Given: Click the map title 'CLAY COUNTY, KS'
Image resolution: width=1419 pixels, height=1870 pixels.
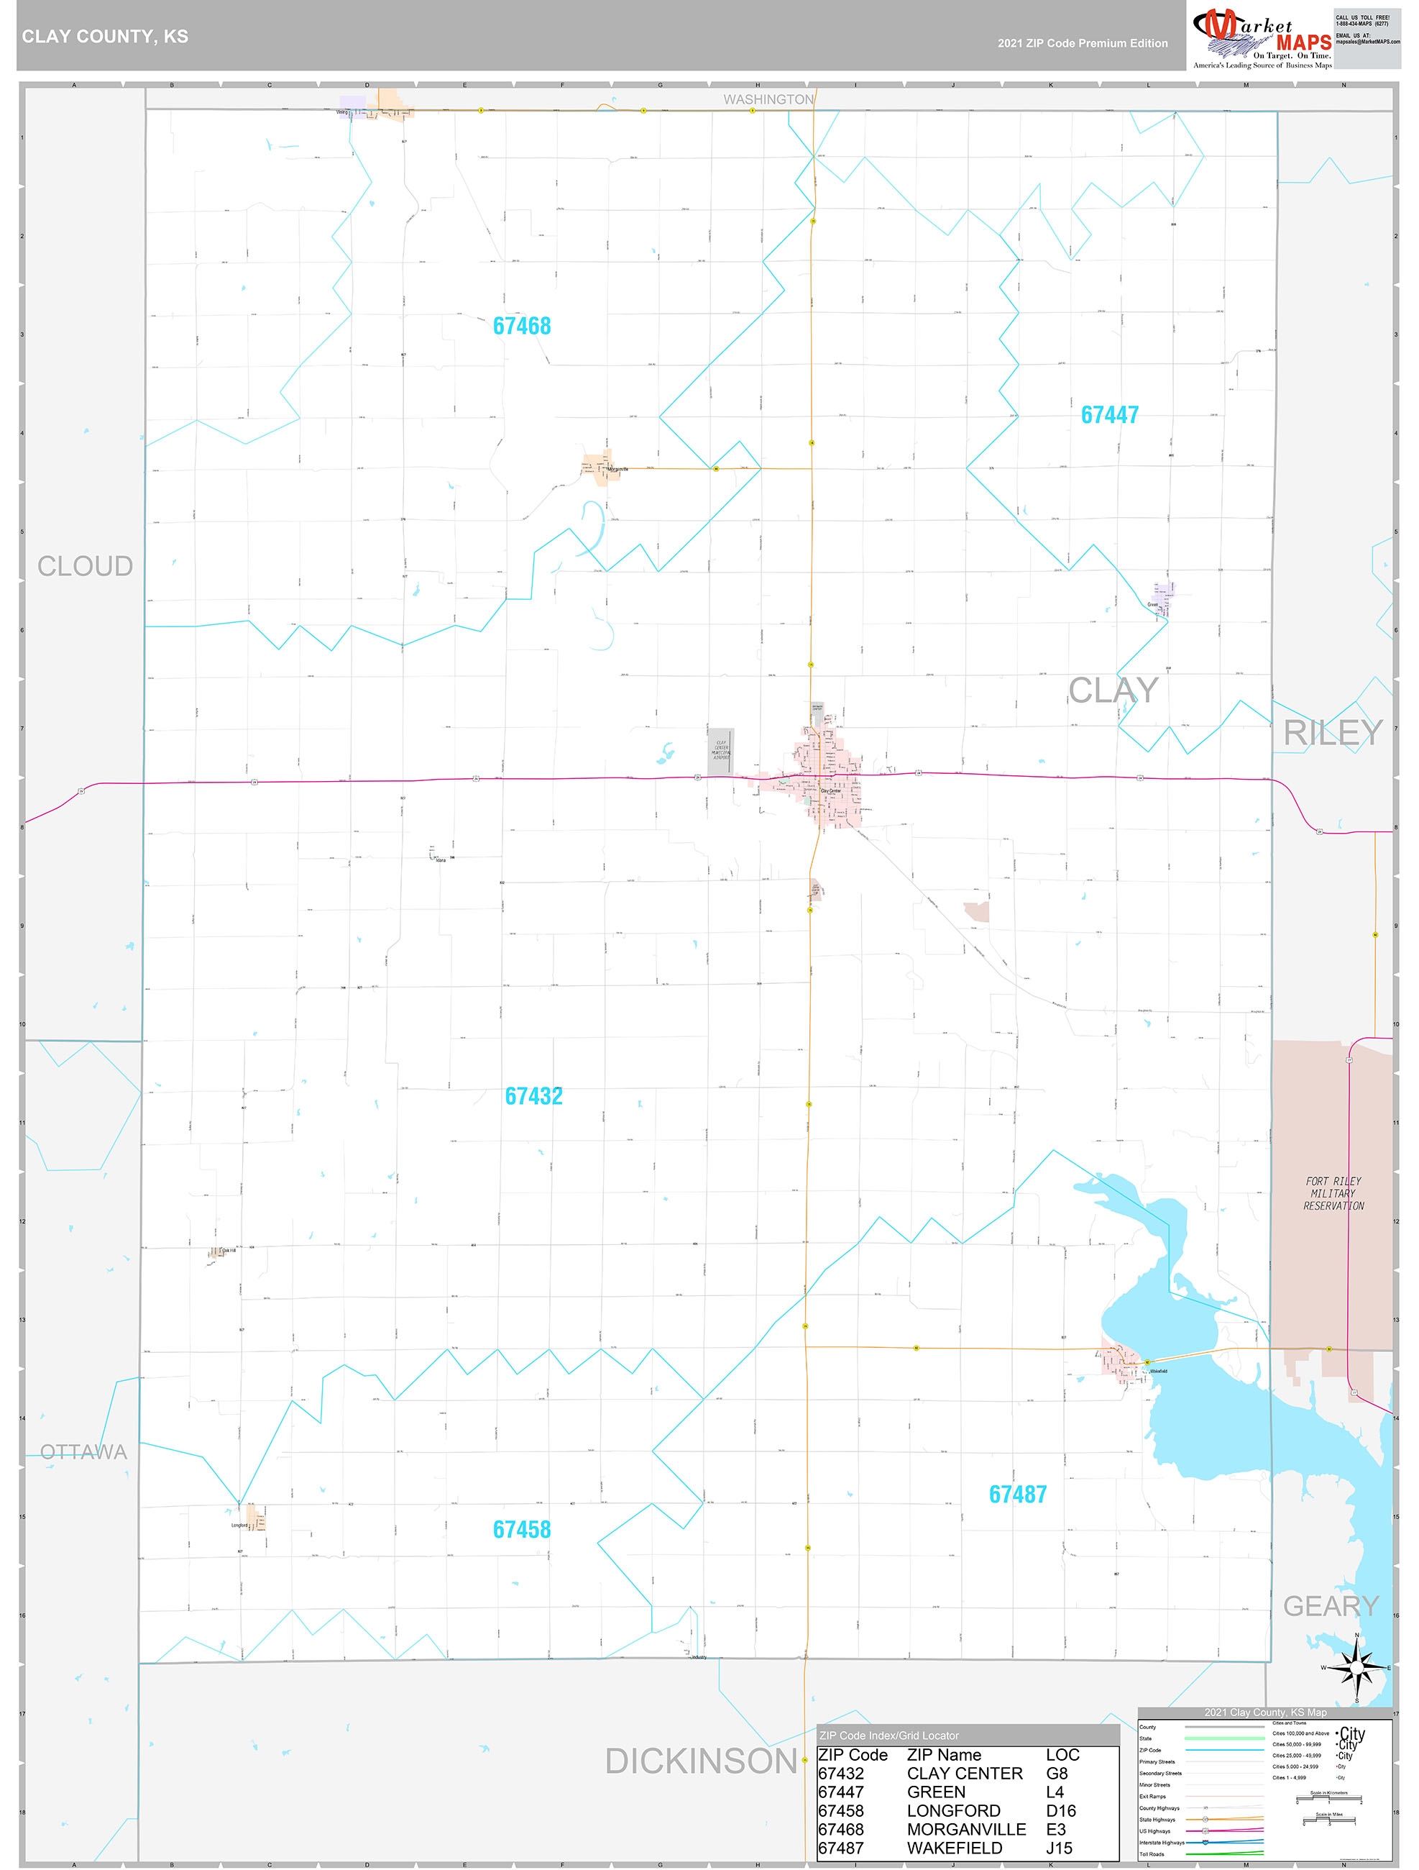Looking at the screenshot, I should point(105,37).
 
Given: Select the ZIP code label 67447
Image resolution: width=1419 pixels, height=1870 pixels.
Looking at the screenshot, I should point(1109,415).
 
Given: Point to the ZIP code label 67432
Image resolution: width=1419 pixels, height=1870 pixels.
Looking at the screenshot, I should point(533,1097).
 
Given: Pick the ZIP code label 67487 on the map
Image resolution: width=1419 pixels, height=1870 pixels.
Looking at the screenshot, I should point(1018,1495).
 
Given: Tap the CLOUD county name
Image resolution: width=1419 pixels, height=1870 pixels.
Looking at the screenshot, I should point(85,567).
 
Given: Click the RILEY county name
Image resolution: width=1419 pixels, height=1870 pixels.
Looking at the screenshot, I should point(1333,733).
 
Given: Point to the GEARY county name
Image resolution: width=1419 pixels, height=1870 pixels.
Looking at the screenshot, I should point(1331,1606).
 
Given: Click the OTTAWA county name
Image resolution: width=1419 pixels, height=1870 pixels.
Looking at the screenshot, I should point(83,1452).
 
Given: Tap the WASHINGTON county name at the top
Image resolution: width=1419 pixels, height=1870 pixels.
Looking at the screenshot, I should point(768,100).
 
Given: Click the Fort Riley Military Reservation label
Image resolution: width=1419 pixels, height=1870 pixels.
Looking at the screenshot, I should point(1333,1194).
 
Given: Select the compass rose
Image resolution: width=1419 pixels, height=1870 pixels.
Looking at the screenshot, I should point(1356,1667).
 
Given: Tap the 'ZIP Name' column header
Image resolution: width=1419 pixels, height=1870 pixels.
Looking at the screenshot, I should point(943,1755).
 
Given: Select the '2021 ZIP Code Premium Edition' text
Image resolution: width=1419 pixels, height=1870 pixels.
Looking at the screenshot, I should point(1082,43).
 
